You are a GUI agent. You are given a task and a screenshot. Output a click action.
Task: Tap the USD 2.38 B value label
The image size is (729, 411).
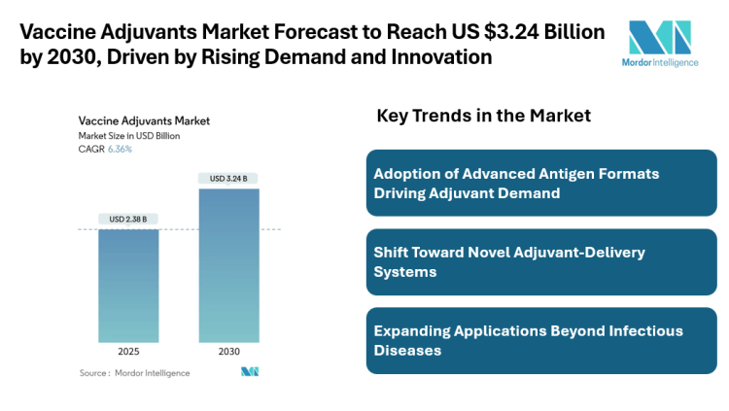click(x=128, y=219)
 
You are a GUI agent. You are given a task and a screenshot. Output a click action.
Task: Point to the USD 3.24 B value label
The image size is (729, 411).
click(x=229, y=178)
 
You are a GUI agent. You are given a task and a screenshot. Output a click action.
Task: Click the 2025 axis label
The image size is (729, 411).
click(x=128, y=352)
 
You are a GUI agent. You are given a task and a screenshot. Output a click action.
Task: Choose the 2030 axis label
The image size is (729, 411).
click(x=229, y=352)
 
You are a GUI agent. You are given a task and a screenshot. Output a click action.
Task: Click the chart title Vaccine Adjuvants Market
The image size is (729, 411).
click(x=144, y=121)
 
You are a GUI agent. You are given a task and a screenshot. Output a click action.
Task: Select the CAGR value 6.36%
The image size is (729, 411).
click(x=119, y=150)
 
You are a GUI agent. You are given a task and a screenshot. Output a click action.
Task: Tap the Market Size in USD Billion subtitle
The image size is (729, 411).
click(x=129, y=136)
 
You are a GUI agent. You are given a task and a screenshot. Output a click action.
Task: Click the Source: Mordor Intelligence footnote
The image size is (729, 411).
click(x=135, y=373)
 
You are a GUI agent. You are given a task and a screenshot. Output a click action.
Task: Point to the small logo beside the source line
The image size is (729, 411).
click(x=250, y=372)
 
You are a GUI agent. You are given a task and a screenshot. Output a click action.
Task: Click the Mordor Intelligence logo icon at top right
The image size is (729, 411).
click(x=660, y=37)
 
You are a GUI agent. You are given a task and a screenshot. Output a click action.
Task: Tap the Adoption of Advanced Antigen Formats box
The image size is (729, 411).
click(x=541, y=183)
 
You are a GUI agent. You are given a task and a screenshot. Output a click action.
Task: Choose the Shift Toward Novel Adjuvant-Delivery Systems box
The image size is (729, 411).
click(x=541, y=261)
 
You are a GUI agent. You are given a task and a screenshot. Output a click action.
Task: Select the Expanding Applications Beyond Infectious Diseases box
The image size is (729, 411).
click(x=541, y=340)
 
